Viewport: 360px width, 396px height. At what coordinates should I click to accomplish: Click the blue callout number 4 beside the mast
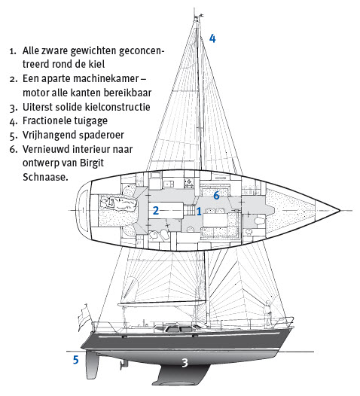click(212, 38)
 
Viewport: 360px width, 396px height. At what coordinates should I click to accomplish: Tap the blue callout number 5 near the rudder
click(76, 360)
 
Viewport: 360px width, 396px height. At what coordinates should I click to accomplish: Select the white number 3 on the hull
click(185, 363)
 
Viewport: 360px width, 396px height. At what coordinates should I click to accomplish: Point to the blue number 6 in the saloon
click(216, 195)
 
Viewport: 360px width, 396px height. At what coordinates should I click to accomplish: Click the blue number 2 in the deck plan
click(156, 211)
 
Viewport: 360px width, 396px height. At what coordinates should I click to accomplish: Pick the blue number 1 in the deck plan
click(199, 212)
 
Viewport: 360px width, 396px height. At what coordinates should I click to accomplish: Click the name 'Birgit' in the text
click(92, 163)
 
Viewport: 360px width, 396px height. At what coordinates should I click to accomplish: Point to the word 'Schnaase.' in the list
click(45, 177)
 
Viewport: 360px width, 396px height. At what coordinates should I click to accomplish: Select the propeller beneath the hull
click(124, 364)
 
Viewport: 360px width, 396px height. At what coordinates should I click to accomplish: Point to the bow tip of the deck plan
click(340, 210)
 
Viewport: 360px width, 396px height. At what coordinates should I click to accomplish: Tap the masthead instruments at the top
click(198, 17)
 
